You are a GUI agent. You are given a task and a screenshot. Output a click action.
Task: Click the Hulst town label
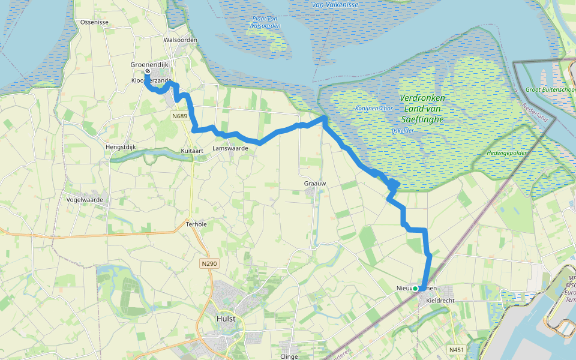226,319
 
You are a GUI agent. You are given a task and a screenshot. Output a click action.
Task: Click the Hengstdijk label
121,146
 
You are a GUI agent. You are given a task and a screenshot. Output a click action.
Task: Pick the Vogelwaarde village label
85,200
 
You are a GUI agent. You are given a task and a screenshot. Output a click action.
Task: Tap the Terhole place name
196,224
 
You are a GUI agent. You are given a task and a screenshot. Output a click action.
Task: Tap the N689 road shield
179,116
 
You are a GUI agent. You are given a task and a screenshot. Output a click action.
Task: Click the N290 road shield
208,263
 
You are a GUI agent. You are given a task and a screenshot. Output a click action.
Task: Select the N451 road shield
456,349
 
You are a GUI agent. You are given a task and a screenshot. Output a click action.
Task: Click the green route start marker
415,289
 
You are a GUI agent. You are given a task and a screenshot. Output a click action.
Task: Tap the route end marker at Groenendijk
148,71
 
